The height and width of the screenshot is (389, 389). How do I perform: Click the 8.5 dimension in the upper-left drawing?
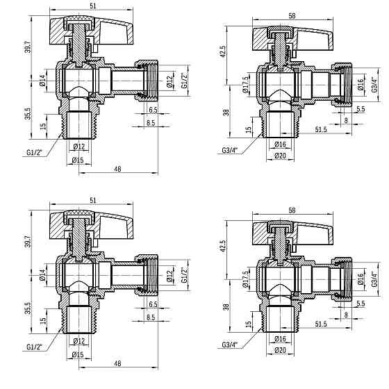click(151, 123)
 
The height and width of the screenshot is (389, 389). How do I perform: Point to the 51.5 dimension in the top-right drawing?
click(320, 129)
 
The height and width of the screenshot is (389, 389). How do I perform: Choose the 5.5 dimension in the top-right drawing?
click(361, 110)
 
